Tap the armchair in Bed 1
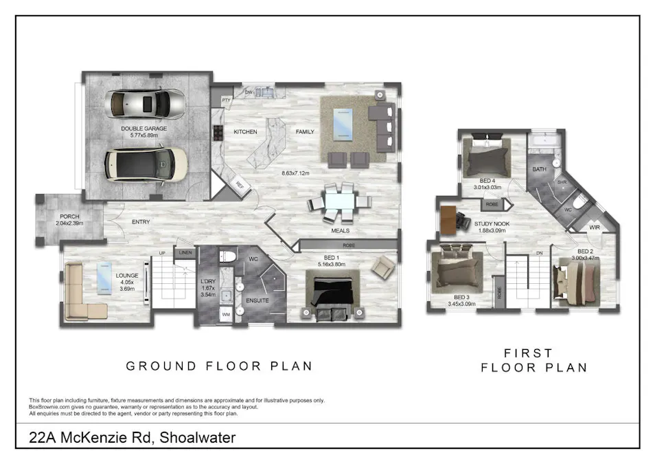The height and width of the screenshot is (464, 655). [x=383, y=267]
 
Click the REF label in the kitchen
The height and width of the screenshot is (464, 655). [x=240, y=184]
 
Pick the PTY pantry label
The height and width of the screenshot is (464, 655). [x=225, y=100]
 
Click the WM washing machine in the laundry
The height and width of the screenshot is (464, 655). [x=225, y=313]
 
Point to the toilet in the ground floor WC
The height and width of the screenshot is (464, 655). [x=229, y=257]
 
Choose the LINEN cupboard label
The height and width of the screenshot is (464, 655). [x=185, y=254]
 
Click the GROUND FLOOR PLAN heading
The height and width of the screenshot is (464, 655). [x=219, y=366]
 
